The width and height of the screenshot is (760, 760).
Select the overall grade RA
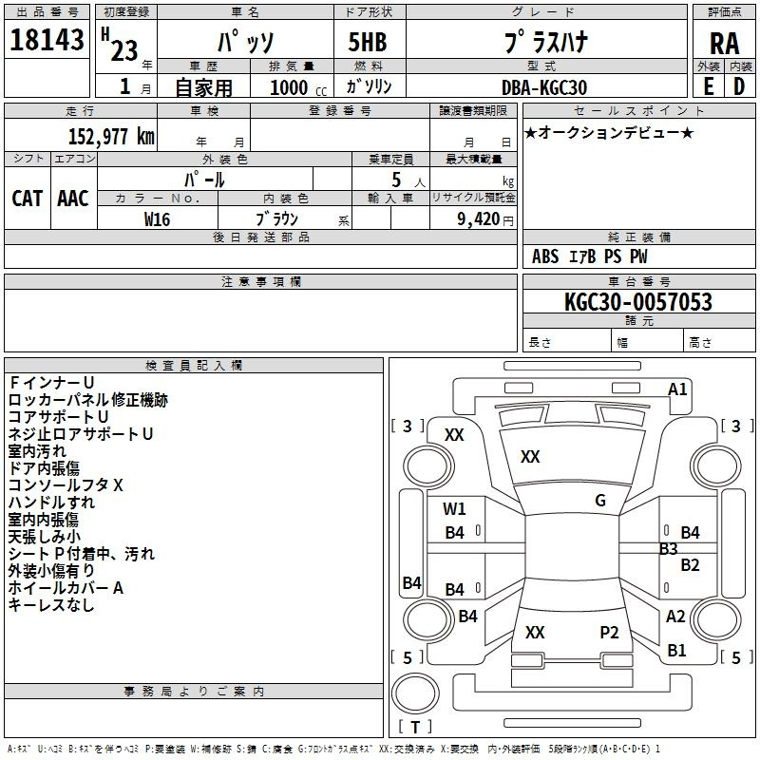[724, 44]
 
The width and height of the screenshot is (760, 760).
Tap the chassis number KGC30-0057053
[637, 302]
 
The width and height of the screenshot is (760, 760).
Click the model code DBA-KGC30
[543, 87]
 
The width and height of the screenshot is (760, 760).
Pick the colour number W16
[157, 218]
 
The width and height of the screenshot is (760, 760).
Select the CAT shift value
[28, 198]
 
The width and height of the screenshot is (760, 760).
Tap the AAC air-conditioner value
[73, 198]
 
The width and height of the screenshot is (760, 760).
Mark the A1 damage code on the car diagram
[677, 389]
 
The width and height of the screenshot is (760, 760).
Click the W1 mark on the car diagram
[454, 508]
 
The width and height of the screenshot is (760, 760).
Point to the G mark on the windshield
[600, 501]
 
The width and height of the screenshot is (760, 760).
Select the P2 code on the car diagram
[609, 632]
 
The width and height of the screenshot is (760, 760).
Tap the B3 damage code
[668, 548]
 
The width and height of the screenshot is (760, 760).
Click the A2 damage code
[675, 616]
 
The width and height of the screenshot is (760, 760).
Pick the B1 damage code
[676, 650]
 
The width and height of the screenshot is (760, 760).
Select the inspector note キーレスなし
[51, 605]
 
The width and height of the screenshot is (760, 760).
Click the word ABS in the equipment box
[545, 256]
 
